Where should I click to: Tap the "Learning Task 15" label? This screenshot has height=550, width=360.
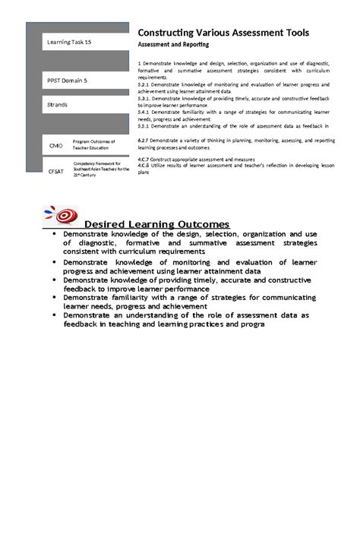point(70,43)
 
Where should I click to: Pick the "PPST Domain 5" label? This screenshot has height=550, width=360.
point(68,80)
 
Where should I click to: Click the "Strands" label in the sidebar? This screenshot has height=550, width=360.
point(58,104)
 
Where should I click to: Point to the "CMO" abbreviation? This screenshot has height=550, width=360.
point(55,145)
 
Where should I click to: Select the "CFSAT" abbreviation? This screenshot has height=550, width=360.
point(57,172)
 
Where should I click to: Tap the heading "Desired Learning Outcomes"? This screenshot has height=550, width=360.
point(156,224)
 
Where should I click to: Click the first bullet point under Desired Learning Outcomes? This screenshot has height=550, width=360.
point(54,235)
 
